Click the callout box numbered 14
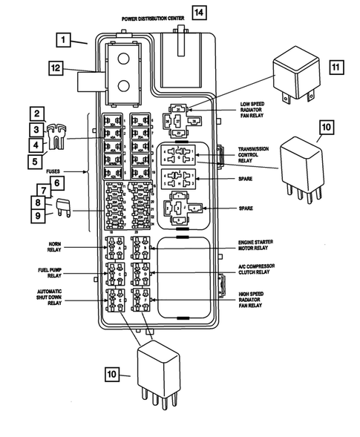click(x=198, y=11)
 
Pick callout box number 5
click(x=35, y=158)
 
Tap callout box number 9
click(x=35, y=216)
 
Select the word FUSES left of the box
click(x=73, y=171)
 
